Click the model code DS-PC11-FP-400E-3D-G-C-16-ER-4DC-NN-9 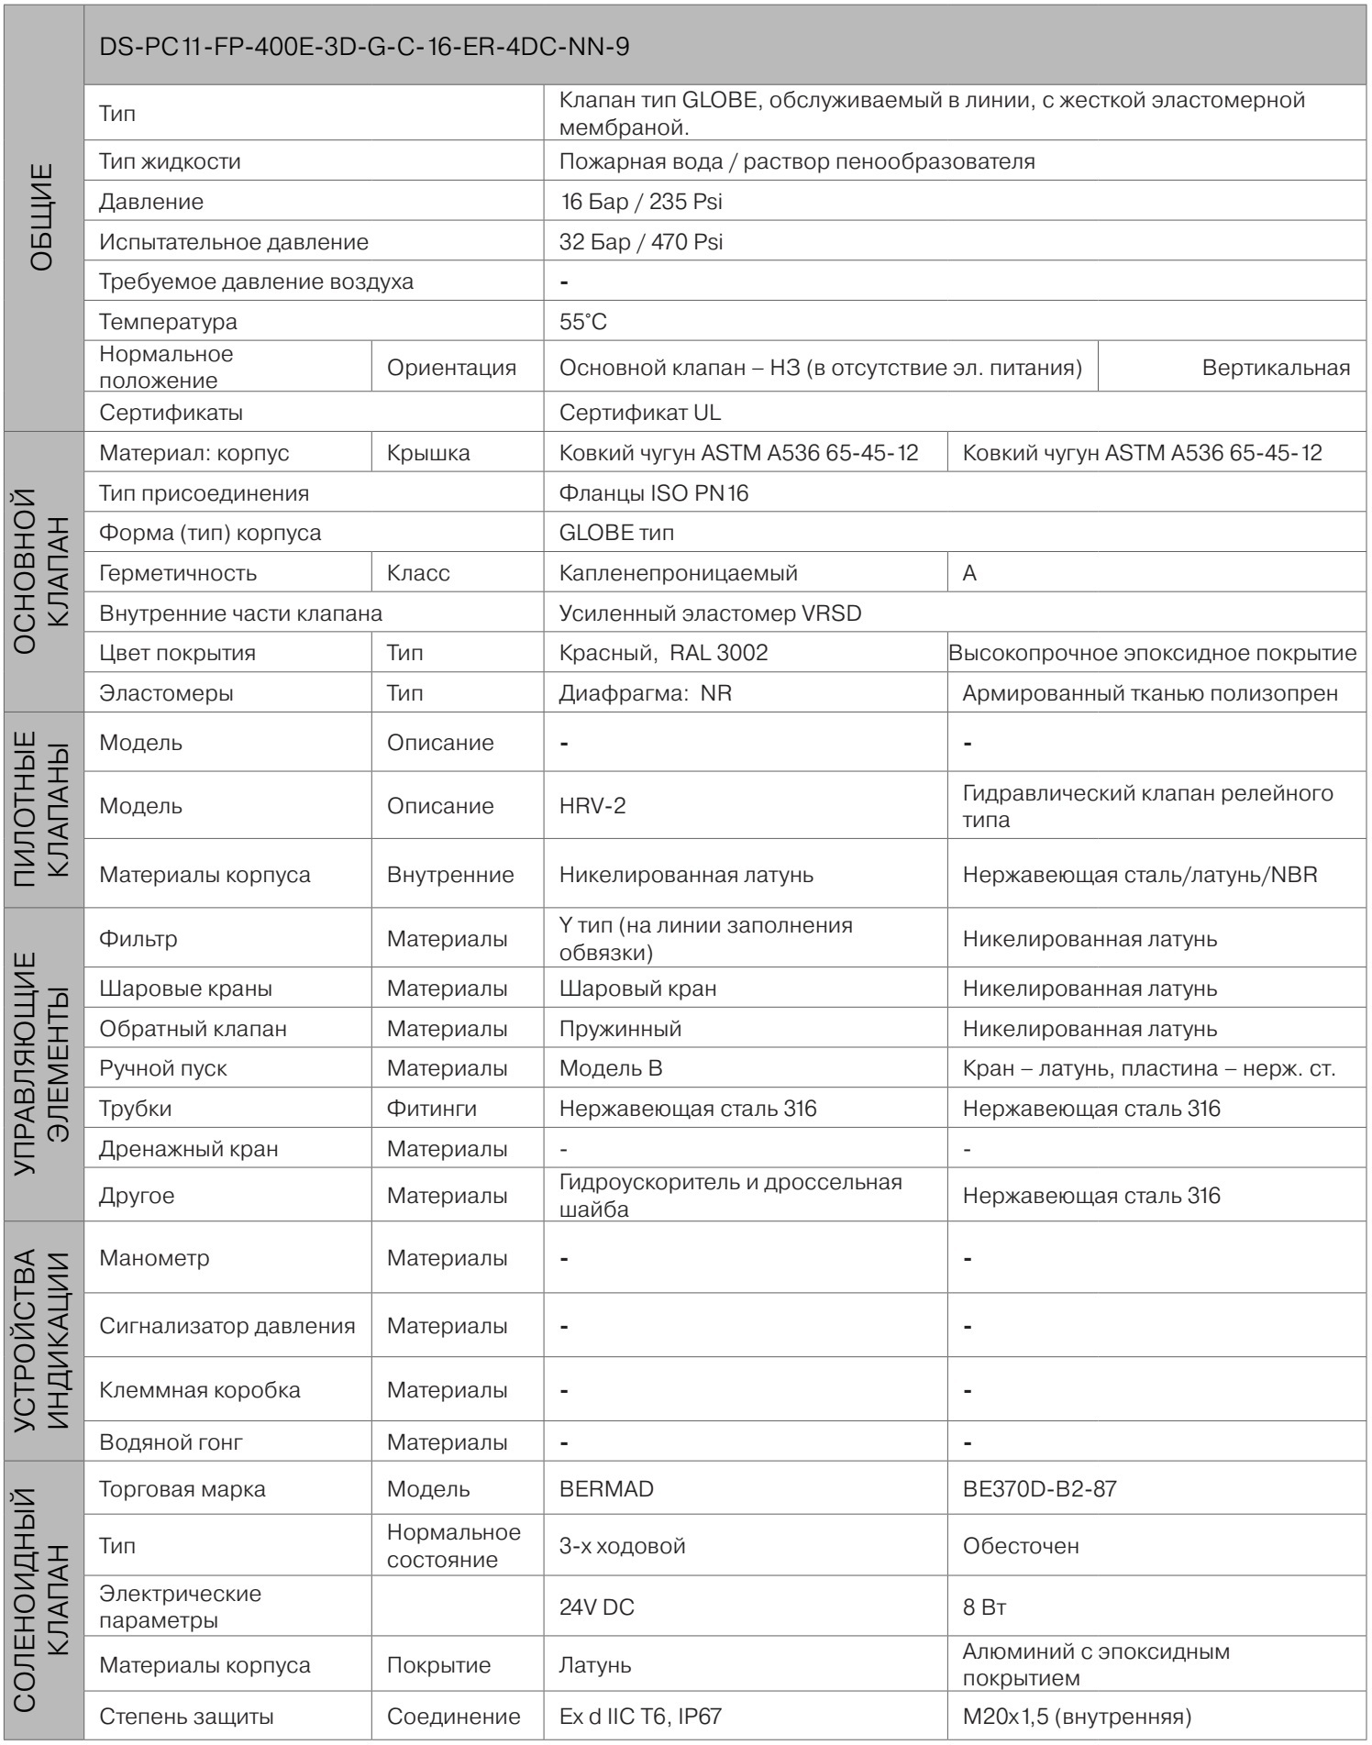(364, 49)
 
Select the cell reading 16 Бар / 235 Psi (641, 202)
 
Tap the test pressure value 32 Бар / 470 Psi (641, 242)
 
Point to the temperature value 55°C (583, 322)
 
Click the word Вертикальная (1275, 368)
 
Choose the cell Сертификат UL (640, 413)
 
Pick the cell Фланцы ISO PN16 (654, 493)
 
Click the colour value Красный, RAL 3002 (663, 653)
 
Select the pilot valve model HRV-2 (592, 806)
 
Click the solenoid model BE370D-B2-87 (1039, 1488)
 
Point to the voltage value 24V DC (596, 1607)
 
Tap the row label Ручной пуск (163, 1068)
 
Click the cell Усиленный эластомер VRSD (710, 613)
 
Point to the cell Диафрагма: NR (645, 693)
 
